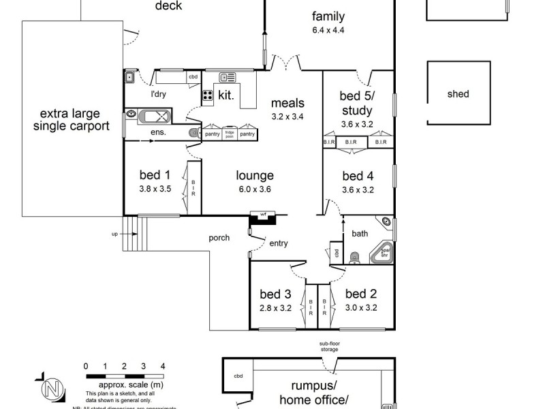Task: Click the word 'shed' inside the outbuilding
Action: click(458, 94)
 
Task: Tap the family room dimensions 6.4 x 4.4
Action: click(328, 31)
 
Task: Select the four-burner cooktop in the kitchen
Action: click(208, 96)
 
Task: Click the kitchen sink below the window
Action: click(228, 78)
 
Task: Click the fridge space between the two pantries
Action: click(230, 134)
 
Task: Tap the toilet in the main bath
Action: click(354, 258)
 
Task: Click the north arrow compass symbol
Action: click(48, 389)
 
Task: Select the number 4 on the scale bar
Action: click(163, 366)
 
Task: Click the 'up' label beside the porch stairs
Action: click(114, 234)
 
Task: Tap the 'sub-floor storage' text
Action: click(329, 346)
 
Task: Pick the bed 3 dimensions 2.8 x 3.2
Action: click(275, 307)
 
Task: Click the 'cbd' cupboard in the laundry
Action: click(193, 77)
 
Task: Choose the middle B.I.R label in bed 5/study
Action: click(351, 142)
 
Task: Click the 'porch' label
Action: click(219, 238)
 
